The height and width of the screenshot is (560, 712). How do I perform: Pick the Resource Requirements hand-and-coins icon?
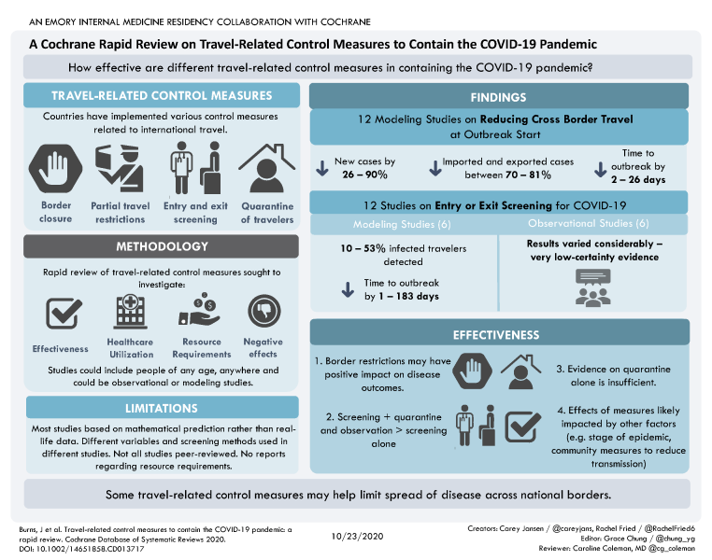pos(201,313)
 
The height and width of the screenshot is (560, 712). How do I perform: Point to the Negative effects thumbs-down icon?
pos(263,313)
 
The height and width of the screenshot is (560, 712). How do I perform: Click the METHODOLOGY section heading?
pos(162,246)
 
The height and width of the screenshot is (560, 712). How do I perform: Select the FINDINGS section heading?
pos(500,96)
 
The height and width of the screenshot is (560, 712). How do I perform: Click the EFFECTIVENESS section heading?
pos(500,333)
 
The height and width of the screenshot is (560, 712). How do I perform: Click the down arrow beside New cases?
pos(320,168)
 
